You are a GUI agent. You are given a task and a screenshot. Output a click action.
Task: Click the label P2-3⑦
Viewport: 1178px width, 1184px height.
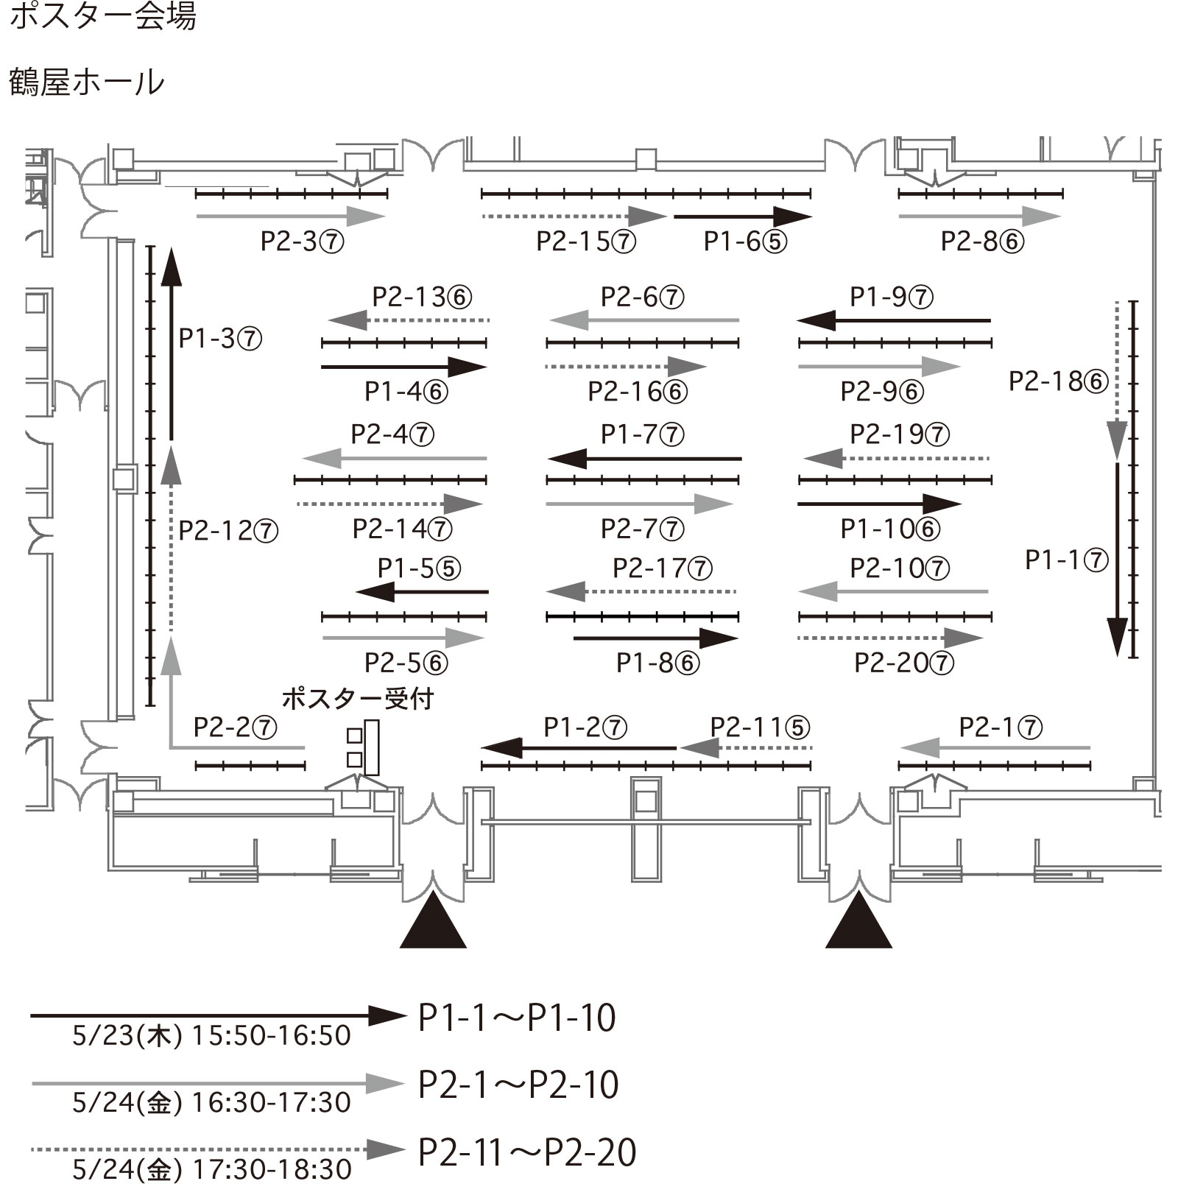pos(302,242)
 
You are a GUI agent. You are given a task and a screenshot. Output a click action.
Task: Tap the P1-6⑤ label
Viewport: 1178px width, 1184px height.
pos(745,242)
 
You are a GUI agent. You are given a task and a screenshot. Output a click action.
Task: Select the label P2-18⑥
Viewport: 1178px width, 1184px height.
pos(1058,381)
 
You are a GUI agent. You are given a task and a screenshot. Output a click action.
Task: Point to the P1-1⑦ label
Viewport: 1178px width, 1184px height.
pos(1067,560)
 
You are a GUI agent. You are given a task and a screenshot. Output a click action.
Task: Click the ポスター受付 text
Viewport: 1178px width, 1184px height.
pos(358,698)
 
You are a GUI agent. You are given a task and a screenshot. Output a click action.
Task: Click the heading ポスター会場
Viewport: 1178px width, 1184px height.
pos(103,16)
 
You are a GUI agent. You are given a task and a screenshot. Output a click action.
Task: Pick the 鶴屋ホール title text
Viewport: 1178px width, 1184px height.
pos(87,82)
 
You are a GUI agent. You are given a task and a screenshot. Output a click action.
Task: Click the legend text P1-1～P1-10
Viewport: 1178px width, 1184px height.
pos(517,1018)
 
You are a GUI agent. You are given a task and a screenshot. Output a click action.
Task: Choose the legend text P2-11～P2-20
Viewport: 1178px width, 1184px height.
pos(527,1152)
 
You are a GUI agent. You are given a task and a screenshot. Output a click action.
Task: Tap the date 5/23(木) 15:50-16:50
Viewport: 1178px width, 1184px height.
pos(211,1036)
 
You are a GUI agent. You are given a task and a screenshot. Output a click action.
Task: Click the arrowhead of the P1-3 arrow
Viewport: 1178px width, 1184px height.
pos(171,266)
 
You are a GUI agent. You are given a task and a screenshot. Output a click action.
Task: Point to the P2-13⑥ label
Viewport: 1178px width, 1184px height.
pos(422,297)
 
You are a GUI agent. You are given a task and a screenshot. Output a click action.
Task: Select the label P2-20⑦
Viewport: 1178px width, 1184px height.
pos(904,663)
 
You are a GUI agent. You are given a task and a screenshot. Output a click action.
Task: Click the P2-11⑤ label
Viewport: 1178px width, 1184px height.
pos(760,727)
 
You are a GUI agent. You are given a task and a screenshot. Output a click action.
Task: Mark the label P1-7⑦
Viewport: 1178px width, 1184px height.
pos(643,434)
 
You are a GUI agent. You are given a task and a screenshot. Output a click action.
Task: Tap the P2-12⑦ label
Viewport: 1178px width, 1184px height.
pos(228,530)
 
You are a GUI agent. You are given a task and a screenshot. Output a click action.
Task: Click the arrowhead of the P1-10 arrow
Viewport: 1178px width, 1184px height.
pos(942,504)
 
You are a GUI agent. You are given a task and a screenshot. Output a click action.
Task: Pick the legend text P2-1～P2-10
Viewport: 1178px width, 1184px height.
pos(518,1085)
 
